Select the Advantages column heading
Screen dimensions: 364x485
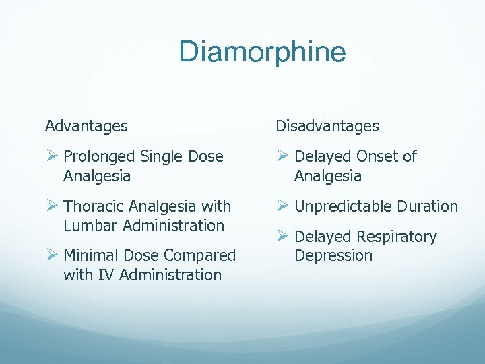point(86,126)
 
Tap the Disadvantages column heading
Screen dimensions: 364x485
point(327,126)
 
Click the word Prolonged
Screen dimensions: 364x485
point(98,157)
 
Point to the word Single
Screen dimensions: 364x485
point(158,157)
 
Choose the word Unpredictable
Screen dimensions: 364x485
point(342,206)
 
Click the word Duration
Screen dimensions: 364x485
point(427,206)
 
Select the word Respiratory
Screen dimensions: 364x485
point(397,237)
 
